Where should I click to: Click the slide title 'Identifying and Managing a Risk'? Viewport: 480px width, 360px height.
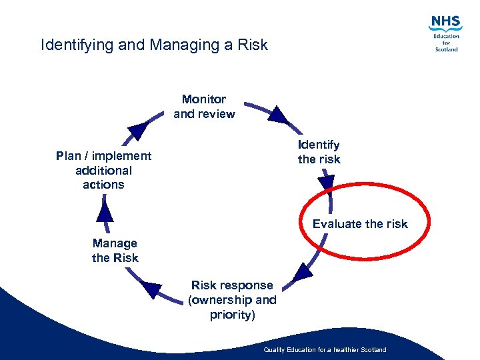[x=154, y=45]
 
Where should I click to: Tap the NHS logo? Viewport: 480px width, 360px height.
[x=446, y=23]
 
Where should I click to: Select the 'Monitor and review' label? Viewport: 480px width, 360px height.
[x=204, y=107]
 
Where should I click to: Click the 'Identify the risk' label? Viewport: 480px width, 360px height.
[x=319, y=152]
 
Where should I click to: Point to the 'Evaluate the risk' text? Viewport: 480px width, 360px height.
[x=360, y=224]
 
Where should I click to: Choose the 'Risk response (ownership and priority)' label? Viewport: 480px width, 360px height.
[x=232, y=300]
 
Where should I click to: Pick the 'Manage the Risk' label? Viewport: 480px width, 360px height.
[x=115, y=251]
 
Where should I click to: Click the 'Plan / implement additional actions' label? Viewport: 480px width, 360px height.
[x=103, y=170]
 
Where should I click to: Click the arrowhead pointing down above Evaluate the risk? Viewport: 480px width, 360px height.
[x=326, y=182]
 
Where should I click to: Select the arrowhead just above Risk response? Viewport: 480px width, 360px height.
[x=303, y=271]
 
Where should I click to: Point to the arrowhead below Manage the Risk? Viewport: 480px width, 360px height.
[x=152, y=289]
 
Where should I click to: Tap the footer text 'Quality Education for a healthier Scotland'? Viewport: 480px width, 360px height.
[x=325, y=350]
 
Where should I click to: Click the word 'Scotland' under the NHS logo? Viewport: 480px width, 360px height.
[x=446, y=49]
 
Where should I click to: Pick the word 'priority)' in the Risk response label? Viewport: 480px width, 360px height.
[x=232, y=315]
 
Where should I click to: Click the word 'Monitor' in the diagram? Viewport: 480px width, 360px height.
[x=204, y=99]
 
